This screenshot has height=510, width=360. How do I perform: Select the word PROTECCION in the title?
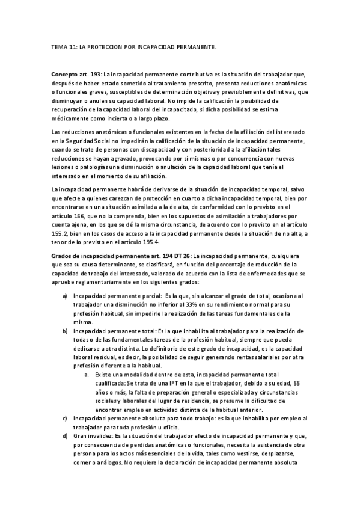click(x=105, y=46)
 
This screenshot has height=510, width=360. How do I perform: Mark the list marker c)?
click(x=65, y=418)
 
